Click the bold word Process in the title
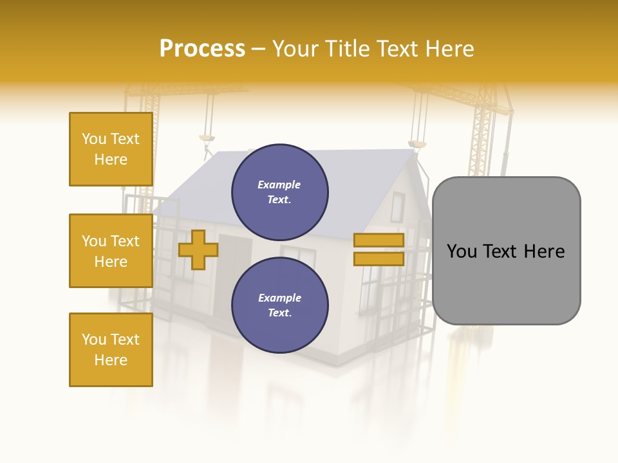tap(202, 49)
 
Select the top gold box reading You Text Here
tap(111, 149)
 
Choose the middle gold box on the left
tap(111, 251)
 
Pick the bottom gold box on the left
tap(111, 350)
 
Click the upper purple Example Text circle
tap(279, 192)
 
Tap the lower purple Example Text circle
tap(279, 305)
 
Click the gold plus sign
tap(198, 250)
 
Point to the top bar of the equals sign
tap(379, 241)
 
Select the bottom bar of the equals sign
tap(379, 259)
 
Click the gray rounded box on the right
tap(506, 251)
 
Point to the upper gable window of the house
tap(397, 206)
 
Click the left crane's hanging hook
tap(207, 138)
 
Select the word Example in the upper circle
tap(279, 185)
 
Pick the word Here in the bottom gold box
tap(111, 360)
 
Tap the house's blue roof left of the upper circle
tap(200, 186)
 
